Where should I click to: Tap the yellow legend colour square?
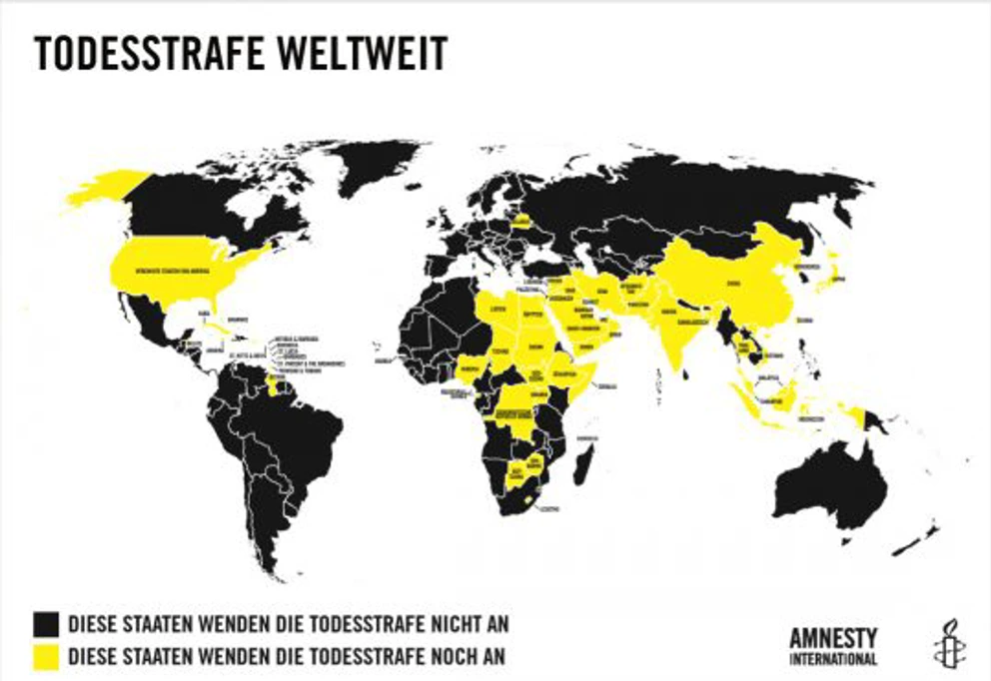tap(45, 656)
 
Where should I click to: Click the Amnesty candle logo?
tap(944, 643)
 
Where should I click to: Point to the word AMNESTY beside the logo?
tap(833, 637)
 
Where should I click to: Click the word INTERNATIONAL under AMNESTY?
tap(833, 659)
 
